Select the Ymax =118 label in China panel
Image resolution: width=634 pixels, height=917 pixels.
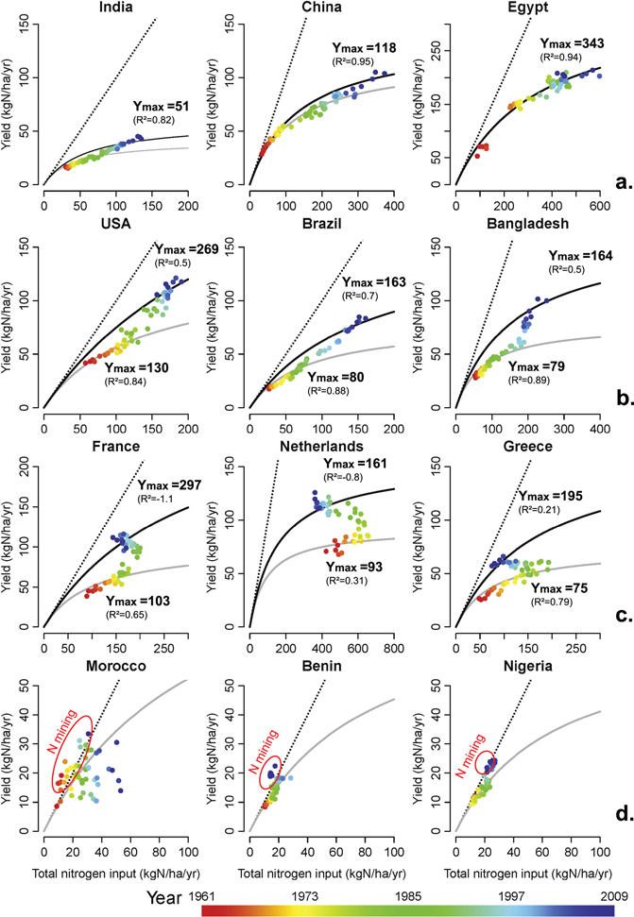[x=364, y=47]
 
